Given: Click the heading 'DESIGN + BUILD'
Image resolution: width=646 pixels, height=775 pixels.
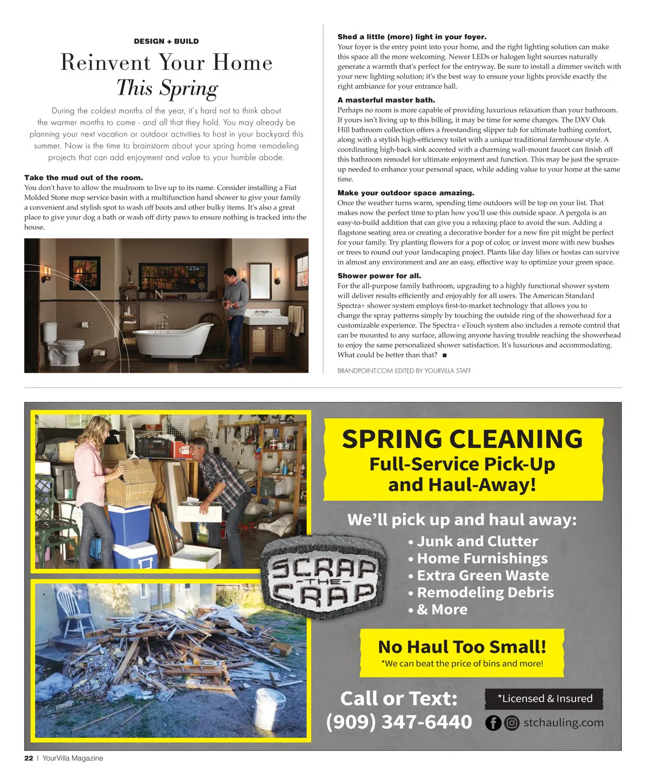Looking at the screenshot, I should [x=166, y=41].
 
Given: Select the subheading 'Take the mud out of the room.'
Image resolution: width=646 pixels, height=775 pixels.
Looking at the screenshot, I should [x=83, y=178].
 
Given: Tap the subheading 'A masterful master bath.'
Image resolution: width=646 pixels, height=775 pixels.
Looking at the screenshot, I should [x=386, y=100].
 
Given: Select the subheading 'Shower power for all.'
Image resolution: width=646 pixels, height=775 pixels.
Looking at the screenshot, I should [x=379, y=276].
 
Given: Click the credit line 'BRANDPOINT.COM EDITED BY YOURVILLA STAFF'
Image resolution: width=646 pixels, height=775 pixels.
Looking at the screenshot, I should [x=404, y=371].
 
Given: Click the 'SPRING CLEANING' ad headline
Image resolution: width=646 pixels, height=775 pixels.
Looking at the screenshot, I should [x=462, y=439].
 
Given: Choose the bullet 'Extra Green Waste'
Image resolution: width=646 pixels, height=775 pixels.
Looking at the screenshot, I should [x=482, y=575].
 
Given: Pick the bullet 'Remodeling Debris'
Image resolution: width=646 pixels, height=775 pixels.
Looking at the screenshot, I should [x=485, y=593].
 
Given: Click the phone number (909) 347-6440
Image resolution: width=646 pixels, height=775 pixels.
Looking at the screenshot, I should [x=399, y=722].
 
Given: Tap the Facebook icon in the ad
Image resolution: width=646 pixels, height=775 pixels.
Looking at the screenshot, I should [x=493, y=723].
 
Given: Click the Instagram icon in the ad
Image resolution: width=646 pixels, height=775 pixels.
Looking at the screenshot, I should [x=512, y=723].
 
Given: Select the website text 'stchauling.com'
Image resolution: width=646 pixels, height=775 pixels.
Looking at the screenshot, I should [x=563, y=722].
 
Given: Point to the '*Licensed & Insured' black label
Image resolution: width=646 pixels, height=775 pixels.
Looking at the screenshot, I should [x=544, y=699].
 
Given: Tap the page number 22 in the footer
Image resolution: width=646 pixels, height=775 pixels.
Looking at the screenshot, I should [x=29, y=758].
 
